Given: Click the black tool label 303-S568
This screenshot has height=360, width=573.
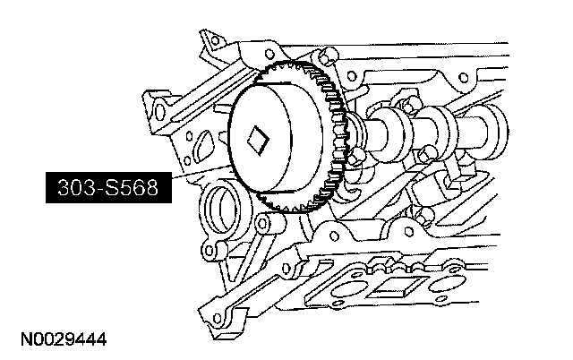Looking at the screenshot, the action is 108,187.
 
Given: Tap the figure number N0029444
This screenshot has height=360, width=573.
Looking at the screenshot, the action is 64,339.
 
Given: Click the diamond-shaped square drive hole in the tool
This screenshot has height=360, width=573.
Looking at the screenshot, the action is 258,140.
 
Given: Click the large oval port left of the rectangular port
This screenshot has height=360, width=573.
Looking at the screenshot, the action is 347,290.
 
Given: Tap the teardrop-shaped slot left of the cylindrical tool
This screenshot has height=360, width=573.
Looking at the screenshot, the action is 203,145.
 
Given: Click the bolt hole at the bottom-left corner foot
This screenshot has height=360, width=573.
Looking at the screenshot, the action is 218,318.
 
